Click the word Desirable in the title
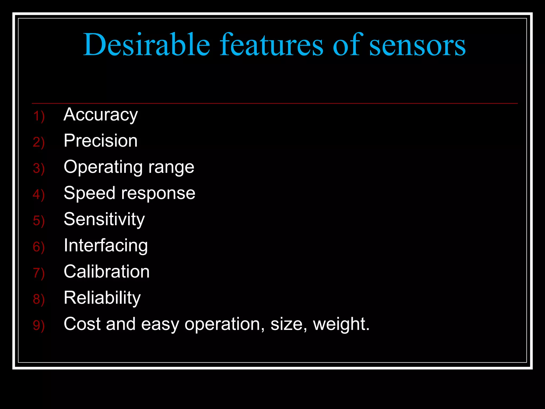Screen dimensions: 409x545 (147, 44)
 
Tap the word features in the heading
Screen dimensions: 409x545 (271, 44)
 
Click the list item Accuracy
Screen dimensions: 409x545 (101, 115)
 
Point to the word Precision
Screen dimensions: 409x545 (101, 141)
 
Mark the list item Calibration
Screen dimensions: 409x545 (107, 272)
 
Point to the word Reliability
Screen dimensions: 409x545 (102, 298)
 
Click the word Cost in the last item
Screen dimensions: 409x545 (82, 324)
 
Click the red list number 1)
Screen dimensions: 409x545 (39, 116)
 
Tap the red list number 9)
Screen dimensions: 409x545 (39, 325)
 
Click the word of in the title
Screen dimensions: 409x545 (346, 44)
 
